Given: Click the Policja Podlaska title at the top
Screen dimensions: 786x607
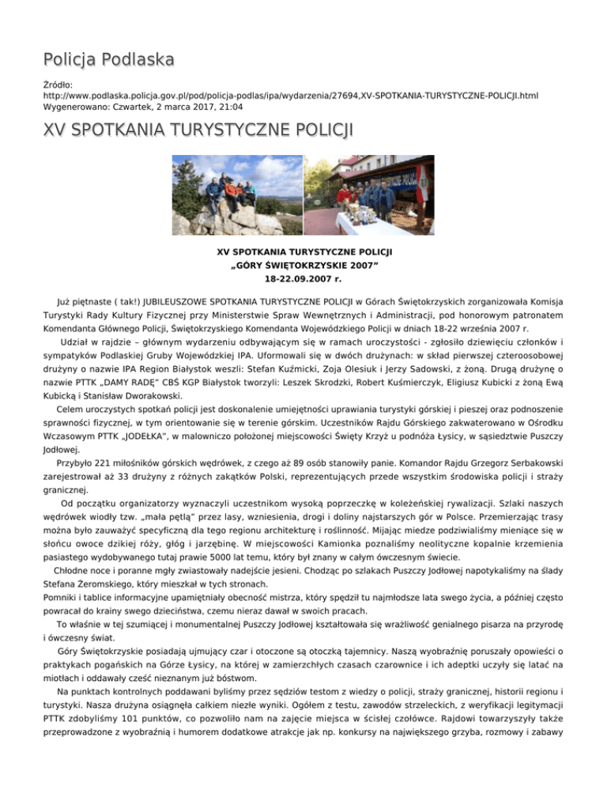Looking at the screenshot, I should [107, 59].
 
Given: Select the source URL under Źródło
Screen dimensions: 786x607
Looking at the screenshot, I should [291, 95].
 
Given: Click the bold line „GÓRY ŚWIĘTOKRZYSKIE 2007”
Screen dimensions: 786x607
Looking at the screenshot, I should [304, 266].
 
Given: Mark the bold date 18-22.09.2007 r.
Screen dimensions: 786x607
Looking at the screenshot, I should [304, 279].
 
